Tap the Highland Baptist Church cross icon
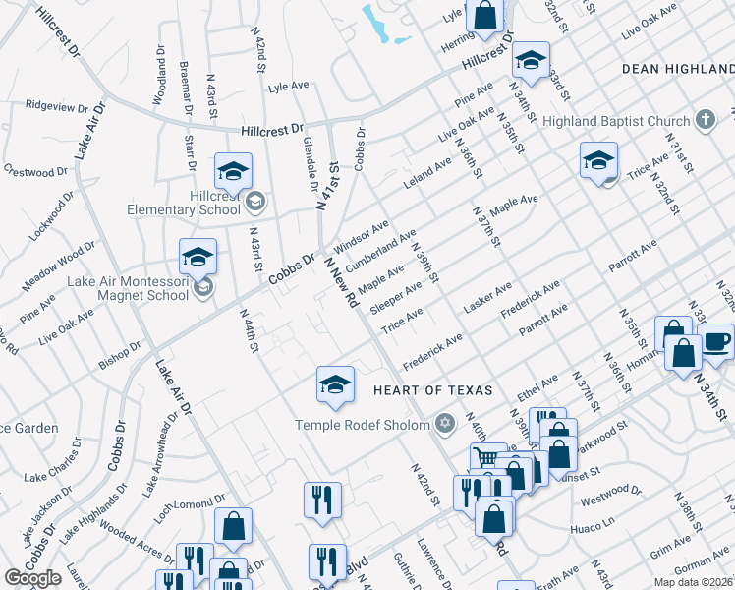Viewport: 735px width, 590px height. (x=704, y=121)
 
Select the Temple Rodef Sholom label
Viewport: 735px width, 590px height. (x=364, y=425)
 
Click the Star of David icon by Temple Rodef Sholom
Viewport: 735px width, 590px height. (x=445, y=425)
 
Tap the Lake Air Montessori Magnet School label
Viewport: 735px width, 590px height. (x=128, y=288)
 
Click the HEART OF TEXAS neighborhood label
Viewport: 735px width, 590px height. (x=431, y=390)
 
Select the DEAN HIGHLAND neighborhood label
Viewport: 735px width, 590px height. (x=678, y=69)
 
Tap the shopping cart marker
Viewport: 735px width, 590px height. (x=485, y=458)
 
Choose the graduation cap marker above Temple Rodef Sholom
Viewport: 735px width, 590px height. (x=335, y=383)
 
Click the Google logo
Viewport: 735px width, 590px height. (x=32, y=578)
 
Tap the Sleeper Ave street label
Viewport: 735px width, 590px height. (x=397, y=295)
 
